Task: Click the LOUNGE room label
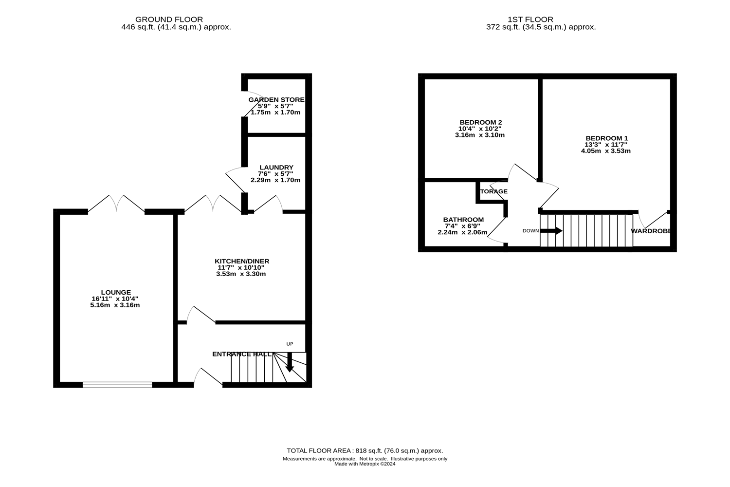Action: coord(116,293)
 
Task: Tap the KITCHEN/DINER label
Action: coord(242,262)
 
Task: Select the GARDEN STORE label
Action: coord(276,99)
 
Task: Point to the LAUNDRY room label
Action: coord(276,168)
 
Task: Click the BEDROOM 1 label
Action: coord(606,138)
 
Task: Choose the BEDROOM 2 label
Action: coord(481,122)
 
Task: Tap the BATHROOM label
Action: coord(463,220)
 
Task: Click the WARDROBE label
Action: coord(651,231)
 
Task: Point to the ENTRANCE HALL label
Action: coord(241,354)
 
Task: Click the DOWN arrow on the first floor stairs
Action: coord(551,231)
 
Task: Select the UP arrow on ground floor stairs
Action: coord(290,362)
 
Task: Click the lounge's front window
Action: coord(117,385)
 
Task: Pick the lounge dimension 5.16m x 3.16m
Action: coord(115,305)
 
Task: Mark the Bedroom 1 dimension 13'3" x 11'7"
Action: coord(606,145)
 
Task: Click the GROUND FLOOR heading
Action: coord(169,19)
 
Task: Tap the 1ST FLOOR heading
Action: coord(530,19)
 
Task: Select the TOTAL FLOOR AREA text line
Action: coord(365,451)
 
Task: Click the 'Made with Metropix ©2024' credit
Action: coord(365,464)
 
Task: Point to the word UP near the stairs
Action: coord(290,344)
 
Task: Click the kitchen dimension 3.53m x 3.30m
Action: coord(241,274)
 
